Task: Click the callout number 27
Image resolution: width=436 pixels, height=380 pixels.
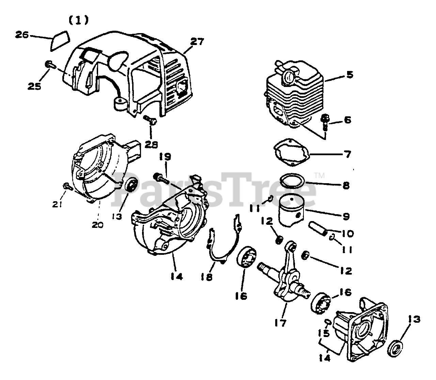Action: (197, 42)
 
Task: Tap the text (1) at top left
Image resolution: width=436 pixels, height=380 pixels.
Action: (79, 20)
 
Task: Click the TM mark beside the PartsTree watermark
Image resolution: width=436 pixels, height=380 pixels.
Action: (320, 176)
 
